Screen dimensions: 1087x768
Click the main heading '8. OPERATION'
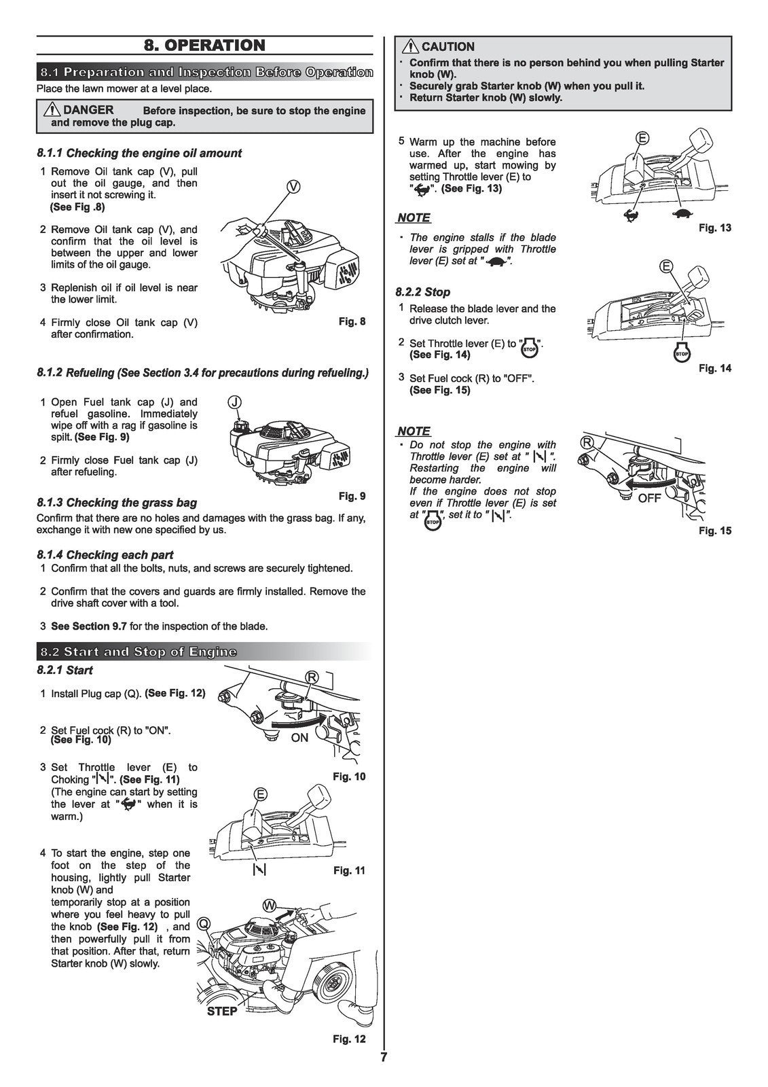coord(204,46)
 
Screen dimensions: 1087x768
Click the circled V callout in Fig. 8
coord(293,187)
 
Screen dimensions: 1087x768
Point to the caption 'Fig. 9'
coord(352,496)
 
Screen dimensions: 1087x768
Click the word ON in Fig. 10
coord(299,738)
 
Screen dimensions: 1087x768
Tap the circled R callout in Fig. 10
coord(312,677)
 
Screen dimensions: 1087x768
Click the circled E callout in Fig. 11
coord(259,795)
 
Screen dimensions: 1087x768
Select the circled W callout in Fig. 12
coord(270,906)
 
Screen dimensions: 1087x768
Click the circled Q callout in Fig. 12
coord(203,923)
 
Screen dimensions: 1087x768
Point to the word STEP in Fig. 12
coord(222,1012)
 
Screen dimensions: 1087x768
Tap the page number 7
coord(384,1058)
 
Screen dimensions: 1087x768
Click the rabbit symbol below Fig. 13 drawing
coord(631,216)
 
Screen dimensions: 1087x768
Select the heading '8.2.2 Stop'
coord(423,292)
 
